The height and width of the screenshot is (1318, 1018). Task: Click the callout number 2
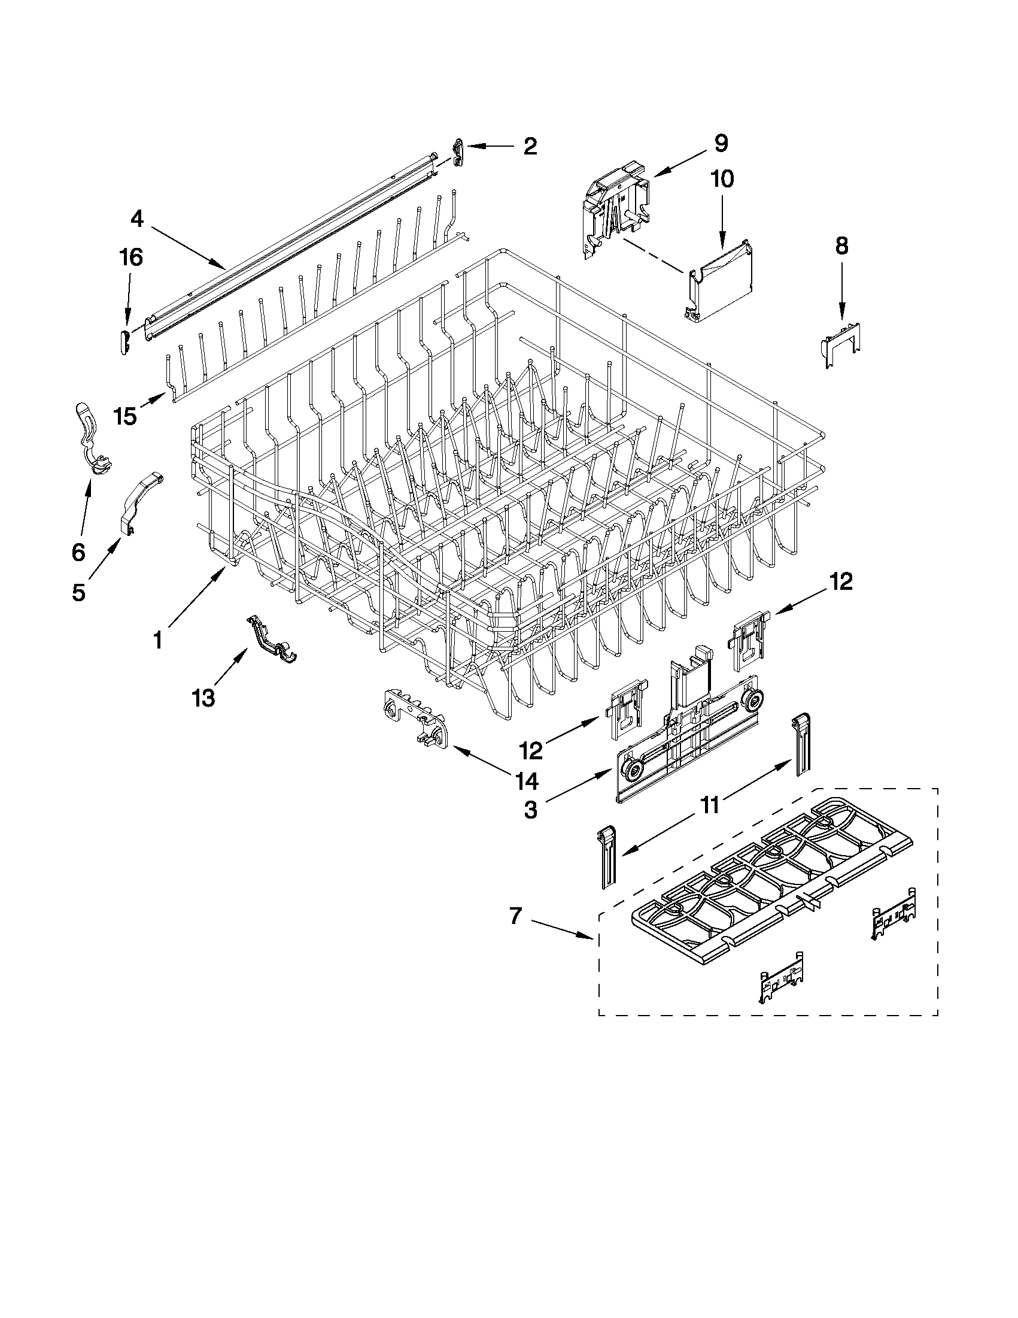pyautogui.click(x=530, y=147)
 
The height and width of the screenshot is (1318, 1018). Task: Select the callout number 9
pyautogui.click(x=721, y=144)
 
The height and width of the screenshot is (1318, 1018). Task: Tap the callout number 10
pyautogui.click(x=722, y=179)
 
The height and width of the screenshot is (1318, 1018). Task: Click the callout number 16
pyautogui.click(x=131, y=257)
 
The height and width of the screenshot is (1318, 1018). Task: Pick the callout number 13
pyautogui.click(x=203, y=698)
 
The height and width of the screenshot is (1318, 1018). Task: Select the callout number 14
pyautogui.click(x=527, y=781)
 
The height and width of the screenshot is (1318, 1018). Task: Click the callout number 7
pyautogui.click(x=515, y=916)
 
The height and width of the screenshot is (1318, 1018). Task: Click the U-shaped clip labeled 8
pyautogui.click(x=841, y=345)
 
